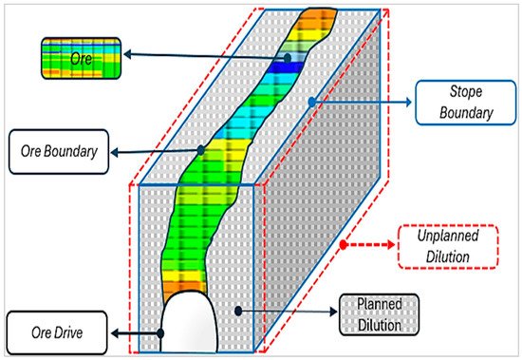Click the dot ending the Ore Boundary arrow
point(201,149)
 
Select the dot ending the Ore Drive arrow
point(162,333)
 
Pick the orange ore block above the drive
point(184,284)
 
